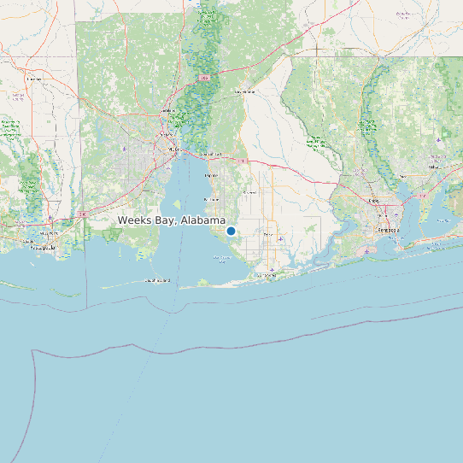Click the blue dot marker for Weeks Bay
(x=231, y=231)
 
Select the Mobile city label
(x=175, y=149)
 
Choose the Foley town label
(x=268, y=233)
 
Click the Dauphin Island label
(x=157, y=279)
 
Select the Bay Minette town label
(x=245, y=91)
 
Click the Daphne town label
(x=211, y=175)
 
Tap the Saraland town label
(x=167, y=110)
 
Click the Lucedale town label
(x=34, y=79)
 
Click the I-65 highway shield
(x=204, y=77)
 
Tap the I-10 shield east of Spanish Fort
(x=242, y=160)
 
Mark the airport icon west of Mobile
(x=126, y=149)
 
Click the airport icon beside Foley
(x=281, y=239)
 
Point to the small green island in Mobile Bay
(x=177, y=203)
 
